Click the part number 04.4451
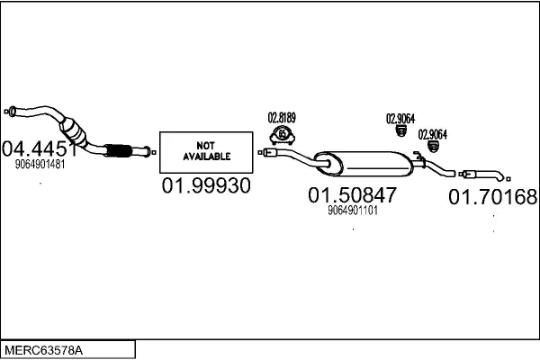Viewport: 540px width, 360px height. pos(38,148)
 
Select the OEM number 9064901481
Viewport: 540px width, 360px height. pos(40,165)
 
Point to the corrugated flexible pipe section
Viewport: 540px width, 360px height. pos(117,150)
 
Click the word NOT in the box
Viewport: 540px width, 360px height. pos(205,144)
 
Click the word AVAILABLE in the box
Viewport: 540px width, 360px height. pos(205,156)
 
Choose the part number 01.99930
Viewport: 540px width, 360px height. pos(205,186)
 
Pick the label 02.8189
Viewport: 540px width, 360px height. pos(282,116)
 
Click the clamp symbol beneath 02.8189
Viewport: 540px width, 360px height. pos(283,136)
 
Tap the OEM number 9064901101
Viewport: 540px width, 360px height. pos(352,211)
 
